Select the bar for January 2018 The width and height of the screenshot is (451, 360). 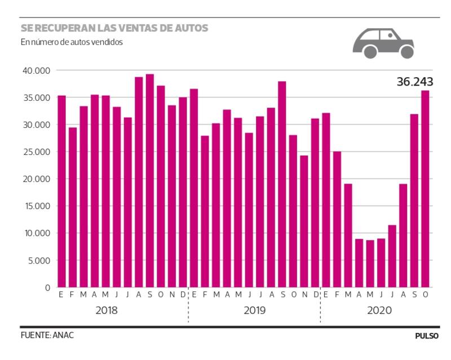61,192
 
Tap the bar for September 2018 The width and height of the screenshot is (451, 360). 149,181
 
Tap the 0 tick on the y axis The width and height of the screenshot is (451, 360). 48,287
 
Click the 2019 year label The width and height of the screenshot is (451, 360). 254,310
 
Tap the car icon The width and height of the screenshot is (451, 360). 383,43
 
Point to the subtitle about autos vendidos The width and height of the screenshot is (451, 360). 71,42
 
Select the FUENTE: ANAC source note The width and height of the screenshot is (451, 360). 47,335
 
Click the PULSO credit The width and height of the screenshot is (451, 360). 427,336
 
